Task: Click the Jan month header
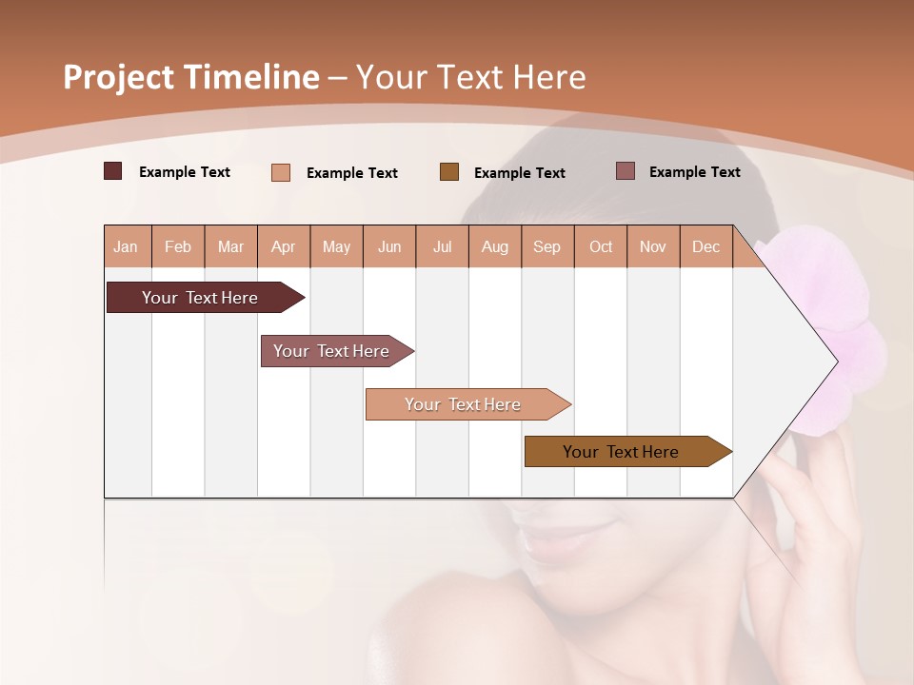[x=126, y=247]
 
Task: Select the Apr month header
[x=284, y=247]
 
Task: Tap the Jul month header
[x=443, y=247]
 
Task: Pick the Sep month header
[x=547, y=247]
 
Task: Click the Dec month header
[x=705, y=247]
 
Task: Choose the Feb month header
[x=178, y=247]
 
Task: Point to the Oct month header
[x=601, y=247]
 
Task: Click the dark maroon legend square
[x=113, y=171]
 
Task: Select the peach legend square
[x=281, y=172]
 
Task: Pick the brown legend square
[x=449, y=172]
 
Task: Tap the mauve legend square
[x=626, y=171]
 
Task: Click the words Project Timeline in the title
[x=190, y=77]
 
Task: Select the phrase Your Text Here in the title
[x=470, y=77]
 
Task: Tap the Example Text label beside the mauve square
[x=694, y=172]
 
